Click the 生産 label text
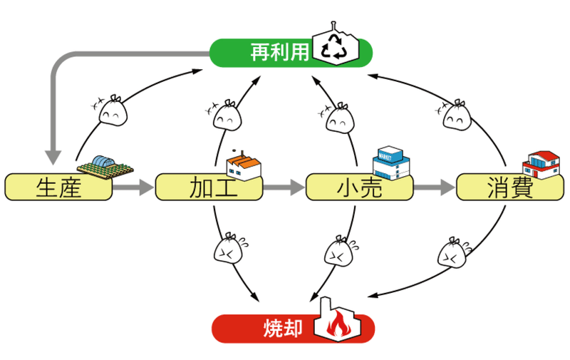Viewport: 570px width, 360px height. tap(58, 187)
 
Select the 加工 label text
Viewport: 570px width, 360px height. tap(213, 187)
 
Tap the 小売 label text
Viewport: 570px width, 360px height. tap(360, 187)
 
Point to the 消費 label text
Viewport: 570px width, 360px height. tap(510, 187)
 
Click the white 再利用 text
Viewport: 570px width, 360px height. tap(279, 52)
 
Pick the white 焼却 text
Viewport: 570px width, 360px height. tap(283, 329)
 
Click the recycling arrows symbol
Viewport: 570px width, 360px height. tap(335, 46)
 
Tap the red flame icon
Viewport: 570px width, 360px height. tap(338, 323)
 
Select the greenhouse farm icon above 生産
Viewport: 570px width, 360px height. tap(105, 168)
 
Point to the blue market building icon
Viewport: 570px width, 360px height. tap(391, 163)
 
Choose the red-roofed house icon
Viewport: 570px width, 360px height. tap(541, 165)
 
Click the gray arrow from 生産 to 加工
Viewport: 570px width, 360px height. tap(133, 187)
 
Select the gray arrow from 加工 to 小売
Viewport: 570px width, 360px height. tap(284, 187)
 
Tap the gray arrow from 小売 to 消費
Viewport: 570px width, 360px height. tap(435, 187)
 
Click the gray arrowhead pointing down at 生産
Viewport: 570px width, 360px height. tap(53, 157)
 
